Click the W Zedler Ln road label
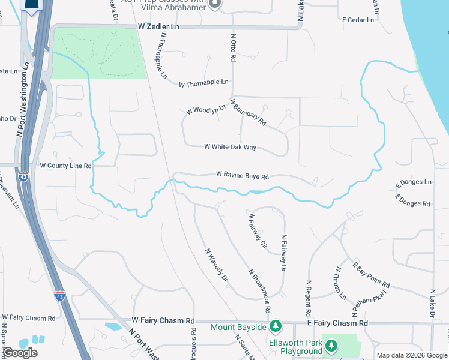pos(158,27)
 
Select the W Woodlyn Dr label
pos(205,109)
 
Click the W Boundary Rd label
pos(247,113)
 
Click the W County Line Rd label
pos(65,166)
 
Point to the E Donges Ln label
pos(414,181)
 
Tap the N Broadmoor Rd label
pos(260,291)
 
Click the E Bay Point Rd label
pos(370,274)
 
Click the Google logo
pos(20,353)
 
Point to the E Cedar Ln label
pos(358,20)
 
